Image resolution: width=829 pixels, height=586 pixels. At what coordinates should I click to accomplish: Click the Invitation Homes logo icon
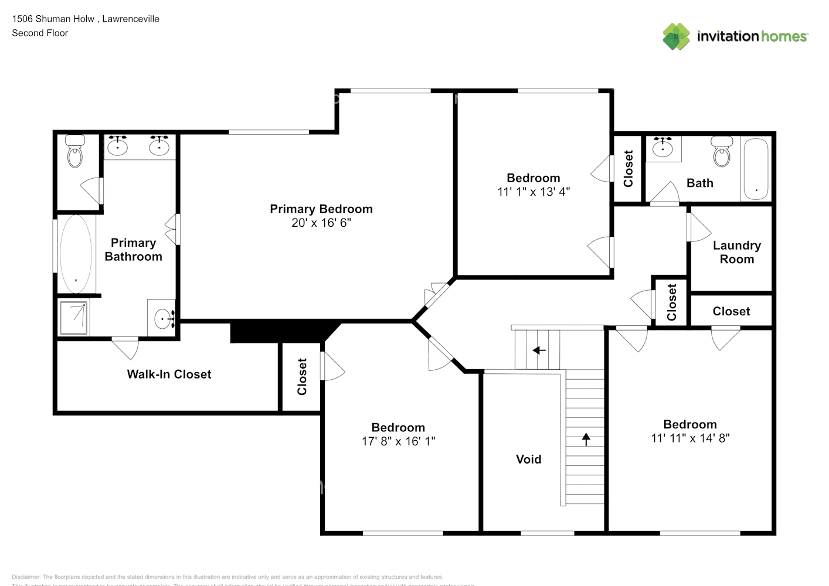pyautogui.click(x=676, y=36)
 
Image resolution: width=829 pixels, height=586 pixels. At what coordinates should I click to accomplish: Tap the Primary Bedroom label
pyautogui.click(x=321, y=209)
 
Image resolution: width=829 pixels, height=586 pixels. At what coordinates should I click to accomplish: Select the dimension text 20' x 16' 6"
pyautogui.click(x=321, y=223)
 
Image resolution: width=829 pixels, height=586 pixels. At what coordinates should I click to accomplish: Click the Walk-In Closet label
pyautogui.click(x=169, y=374)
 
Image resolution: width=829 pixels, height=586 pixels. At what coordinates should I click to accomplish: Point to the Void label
pyautogui.click(x=528, y=459)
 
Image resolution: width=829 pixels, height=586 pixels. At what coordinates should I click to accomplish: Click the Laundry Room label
pyautogui.click(x=736, y=253)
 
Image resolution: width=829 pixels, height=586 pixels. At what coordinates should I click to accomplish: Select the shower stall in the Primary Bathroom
pyautogui.click(x=73, y=318)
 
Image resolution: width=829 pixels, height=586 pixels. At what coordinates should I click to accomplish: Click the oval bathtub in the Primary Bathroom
pyautogui.click(x=76, y=254)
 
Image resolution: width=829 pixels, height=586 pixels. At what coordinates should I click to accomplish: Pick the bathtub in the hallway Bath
pyautogui.click(x=756, y=169)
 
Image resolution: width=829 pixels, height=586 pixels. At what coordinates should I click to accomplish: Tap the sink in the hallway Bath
pyautogui.click(x=663, y=147)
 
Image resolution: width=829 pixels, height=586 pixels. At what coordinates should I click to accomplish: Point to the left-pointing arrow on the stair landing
pyautogui.click(x=538, y=350)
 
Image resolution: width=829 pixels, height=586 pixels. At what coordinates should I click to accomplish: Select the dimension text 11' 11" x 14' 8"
pyautogui.click(x=690, y=438)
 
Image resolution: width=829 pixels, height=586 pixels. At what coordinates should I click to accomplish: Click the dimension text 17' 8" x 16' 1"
pyautogui.click(x=398, y=441)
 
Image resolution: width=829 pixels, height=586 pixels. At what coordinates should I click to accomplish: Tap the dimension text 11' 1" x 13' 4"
pyautogui.click(x=533, y=192)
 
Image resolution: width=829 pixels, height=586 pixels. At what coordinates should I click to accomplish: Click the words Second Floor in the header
pyautogui.click(x=40, y=33)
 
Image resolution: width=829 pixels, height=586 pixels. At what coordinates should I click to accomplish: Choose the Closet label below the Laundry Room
pyautogui.click(x=731, y=312)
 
